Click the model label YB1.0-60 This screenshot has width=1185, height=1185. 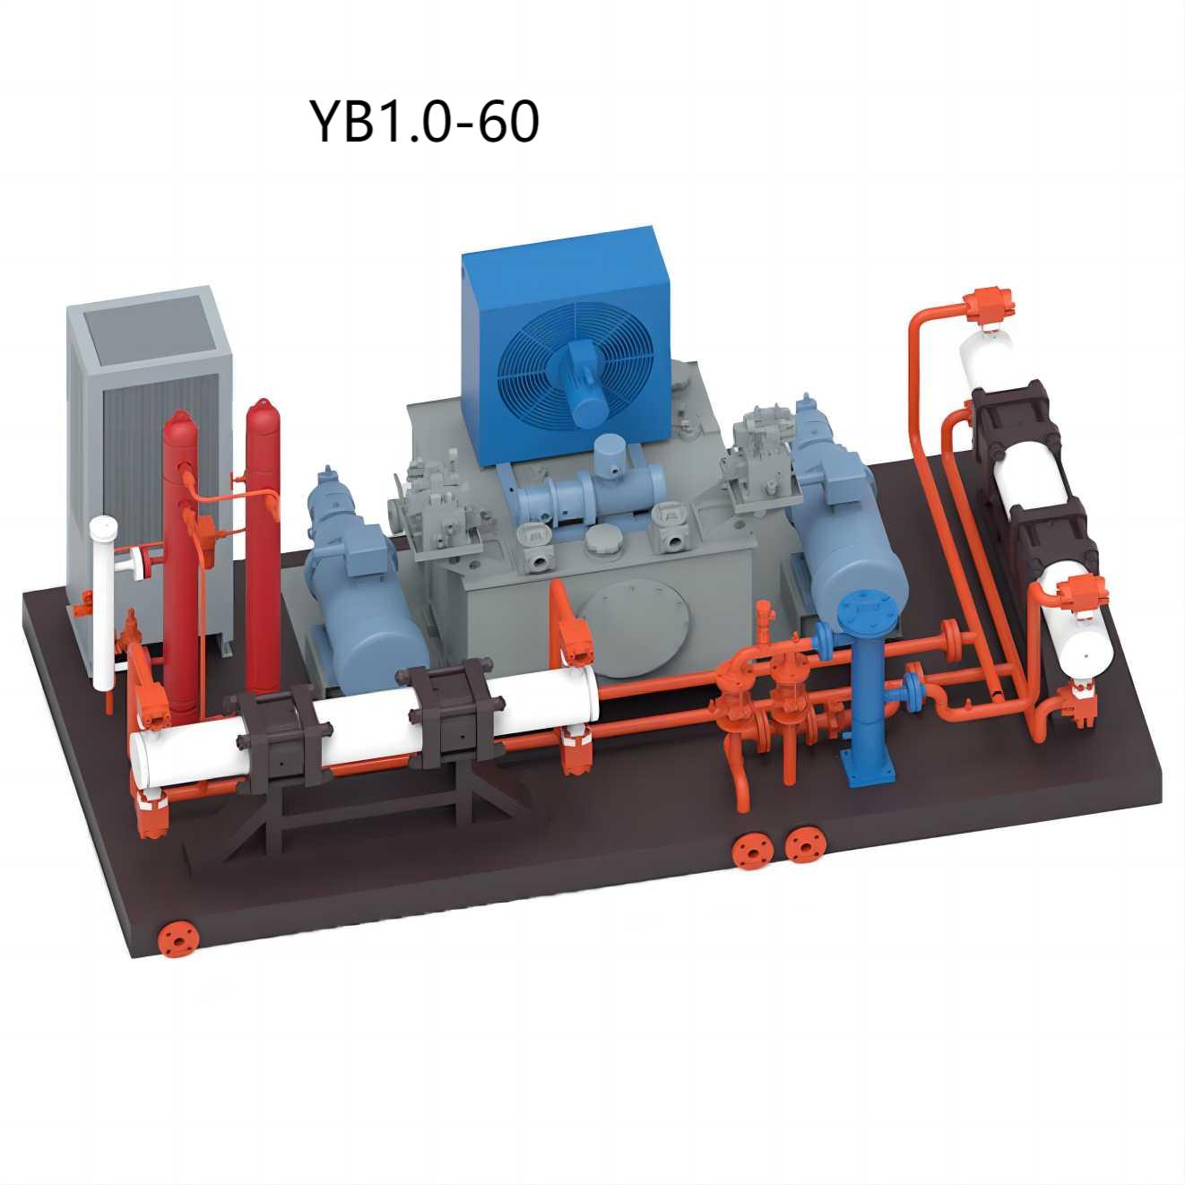click(424, 121)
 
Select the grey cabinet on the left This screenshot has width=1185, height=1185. click(151, 467)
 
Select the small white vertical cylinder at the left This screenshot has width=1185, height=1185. click(102, 606)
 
